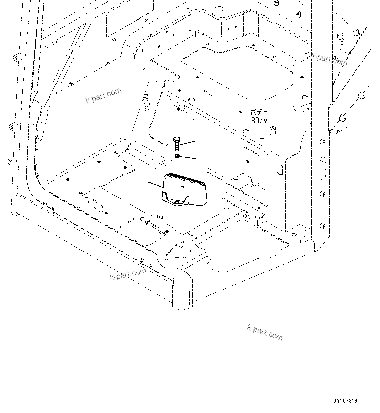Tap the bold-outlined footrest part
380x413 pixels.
tap(183, 192)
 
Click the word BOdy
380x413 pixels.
tap(259, 121)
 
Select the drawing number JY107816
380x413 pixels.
tap(345, 401)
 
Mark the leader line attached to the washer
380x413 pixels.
tap(188, 158)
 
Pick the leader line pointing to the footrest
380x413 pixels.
tap(156, 184)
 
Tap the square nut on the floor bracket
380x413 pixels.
tap(254, 185)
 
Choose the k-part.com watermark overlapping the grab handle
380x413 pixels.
tap(329, 59)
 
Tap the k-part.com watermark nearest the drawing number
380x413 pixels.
tap(265, 332)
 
